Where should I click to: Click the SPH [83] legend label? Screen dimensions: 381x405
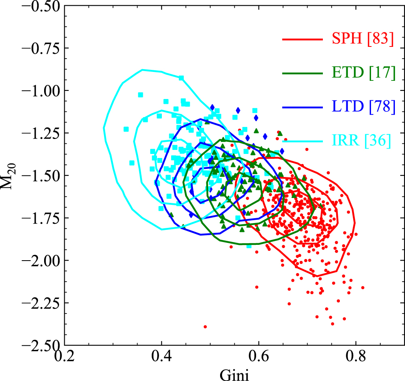tap(362, 40)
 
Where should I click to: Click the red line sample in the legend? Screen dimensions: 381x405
tap(303, 40)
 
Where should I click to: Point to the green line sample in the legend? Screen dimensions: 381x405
tap(303, 73)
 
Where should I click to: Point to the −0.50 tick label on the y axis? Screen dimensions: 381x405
tap(40, 6)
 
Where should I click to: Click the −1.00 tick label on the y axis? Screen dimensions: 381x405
tap(40, 91)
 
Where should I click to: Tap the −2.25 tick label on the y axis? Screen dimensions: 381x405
tap(40, 303)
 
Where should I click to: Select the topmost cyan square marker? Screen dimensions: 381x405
tap(181, 78)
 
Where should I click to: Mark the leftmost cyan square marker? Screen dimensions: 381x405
tap(126, 129)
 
